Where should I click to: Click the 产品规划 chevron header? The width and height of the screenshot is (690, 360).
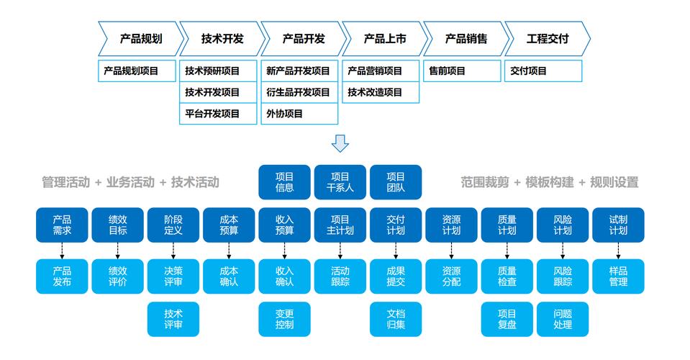tap(140, 39)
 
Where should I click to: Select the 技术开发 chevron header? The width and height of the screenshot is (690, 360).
tap(222, 39)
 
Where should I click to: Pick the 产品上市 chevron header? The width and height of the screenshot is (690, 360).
tap(384, 39)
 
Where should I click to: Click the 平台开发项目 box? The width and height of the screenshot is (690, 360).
tap(219, 114)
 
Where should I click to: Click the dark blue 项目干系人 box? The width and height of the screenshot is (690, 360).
tap(340, 182)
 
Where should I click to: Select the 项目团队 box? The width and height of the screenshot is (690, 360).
tap(396, 182)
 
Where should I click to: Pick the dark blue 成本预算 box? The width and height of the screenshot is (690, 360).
tap(229, 225)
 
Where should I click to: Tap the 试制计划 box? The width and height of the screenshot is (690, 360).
tap(618, 225)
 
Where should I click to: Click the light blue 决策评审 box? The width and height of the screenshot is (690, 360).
tap(173, 276)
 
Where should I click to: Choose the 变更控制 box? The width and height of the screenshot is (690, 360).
tap(284, 319)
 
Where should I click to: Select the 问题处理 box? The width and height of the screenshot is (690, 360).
tap(563, 319)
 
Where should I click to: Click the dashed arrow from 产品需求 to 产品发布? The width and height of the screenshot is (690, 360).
tap(62, 251)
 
